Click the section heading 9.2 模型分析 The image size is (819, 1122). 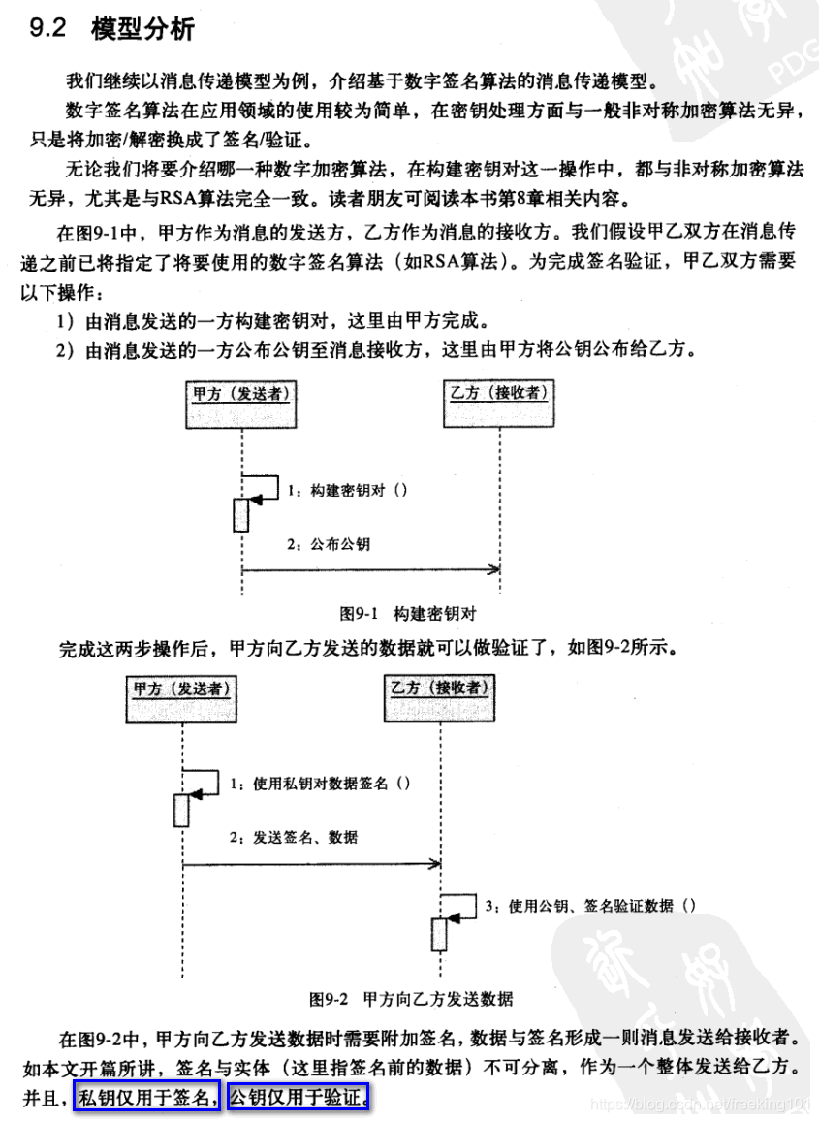coord(112,29)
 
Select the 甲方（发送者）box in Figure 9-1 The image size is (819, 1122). coord(241,404)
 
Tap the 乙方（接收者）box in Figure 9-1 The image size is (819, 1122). coord(499,404)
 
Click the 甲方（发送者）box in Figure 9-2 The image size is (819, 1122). coord(182,698)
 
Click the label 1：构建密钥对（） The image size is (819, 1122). coord(348,490)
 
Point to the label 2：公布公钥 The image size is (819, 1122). coord(331,544)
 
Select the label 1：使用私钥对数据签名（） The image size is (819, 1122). coord(319,782)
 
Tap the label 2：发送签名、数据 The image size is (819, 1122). coord(294,836)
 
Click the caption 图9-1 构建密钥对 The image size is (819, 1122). coord(408,613)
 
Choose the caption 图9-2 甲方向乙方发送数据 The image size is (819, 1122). coord(411,998)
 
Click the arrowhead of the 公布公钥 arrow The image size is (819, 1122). coord(495,569)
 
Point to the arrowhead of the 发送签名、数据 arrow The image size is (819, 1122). coord(436,862)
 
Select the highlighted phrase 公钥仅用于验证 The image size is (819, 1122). coord(299,1098)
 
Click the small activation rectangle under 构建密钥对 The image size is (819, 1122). coord(241,516)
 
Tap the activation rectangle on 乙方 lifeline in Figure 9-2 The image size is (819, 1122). coord(439,933)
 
